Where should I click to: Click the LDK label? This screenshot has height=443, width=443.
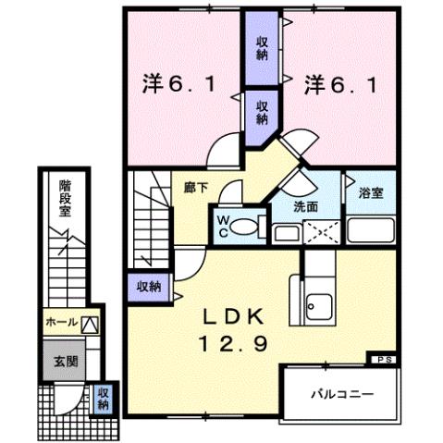pyautogui.click(x=230, y=315)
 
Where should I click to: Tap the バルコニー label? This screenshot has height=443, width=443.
pyautogui.click(x=340, y=394)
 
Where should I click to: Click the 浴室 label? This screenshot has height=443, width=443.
pyautogui.click(x=370, y=193)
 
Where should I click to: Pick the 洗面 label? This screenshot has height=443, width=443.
pyautogui.click(x=307, y=207)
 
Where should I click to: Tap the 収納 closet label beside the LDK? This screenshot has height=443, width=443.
pyautogui.click(x=145, y=287)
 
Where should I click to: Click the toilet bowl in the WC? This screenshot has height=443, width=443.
pyautogui.click(x=245, y=226)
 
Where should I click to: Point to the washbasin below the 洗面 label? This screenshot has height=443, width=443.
pyautogui.click(x=287, y=231)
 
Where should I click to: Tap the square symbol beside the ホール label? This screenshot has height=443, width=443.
pyautogui.click(x=90, y=324)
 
